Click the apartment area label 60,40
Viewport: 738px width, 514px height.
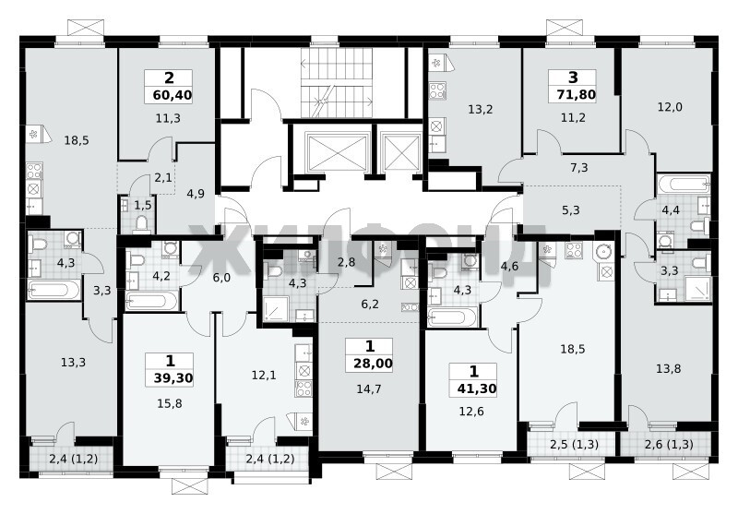click(173, 96)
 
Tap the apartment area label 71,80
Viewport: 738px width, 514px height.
click(577, 95)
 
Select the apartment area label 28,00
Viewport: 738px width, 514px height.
click(374, 364)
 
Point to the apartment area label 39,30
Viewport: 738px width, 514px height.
click(173, 378)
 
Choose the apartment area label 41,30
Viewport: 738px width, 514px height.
click(477, 388)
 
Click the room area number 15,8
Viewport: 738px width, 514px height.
click(169, 403)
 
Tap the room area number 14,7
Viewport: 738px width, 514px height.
click(368, 388)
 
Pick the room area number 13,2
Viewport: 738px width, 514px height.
click(480, 109)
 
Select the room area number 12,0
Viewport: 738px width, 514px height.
click(670, 107)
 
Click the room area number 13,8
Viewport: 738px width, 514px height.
click(668, 368)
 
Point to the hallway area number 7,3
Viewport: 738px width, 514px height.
click(579, 168)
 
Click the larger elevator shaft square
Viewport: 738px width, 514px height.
click(336, 151)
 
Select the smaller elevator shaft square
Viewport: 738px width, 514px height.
click(400, 151)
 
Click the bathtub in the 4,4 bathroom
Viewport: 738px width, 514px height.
click(684, 184)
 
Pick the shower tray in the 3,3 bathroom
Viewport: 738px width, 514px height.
click(697, 289)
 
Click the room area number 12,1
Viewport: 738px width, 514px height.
click(264, 376)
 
